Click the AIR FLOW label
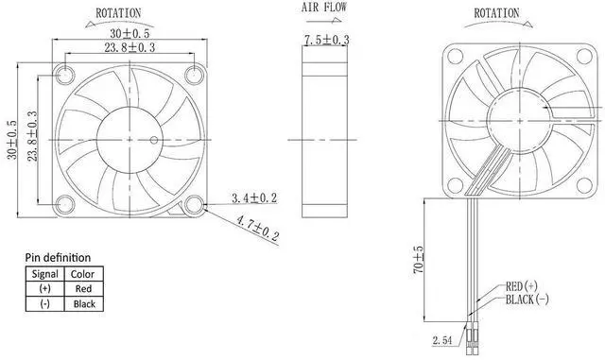(324, 8)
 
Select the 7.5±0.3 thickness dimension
(327, 40)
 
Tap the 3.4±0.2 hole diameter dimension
(254, 197)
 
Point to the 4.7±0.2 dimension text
(257, 229)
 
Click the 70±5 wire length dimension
(418, 260)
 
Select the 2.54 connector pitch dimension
(442, 340)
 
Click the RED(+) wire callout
(521, 286)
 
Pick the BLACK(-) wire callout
(527, 299)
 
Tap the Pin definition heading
(58, 257)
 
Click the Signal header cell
(45, 274)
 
